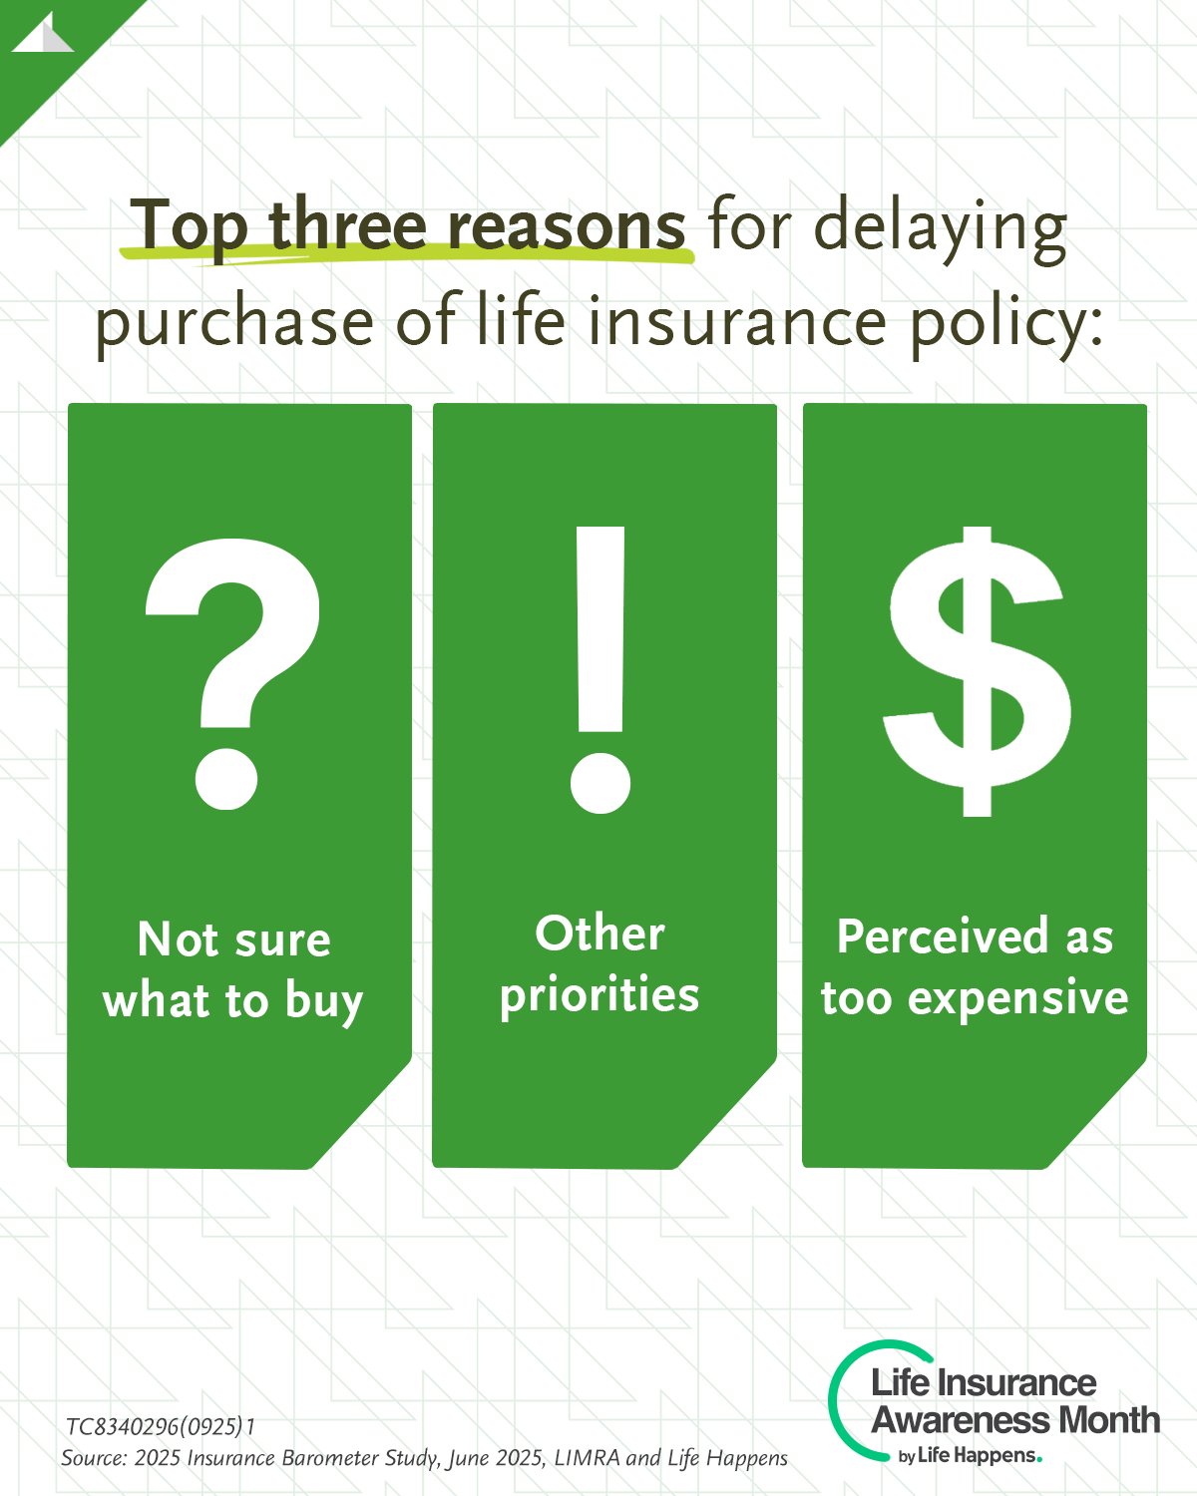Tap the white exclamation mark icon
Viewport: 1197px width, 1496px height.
600,669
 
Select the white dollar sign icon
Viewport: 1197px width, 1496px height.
977,671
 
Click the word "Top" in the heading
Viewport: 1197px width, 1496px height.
189,226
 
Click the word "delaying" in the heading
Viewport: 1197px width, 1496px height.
940,228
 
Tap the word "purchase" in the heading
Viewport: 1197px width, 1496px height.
234,322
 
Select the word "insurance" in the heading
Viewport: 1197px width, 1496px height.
737,320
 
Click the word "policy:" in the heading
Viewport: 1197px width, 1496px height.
1006,324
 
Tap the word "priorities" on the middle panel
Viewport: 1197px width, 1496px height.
598,995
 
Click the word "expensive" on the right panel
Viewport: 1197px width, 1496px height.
1018,999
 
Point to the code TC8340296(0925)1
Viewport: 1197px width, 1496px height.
161,1426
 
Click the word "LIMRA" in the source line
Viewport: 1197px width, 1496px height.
587,1457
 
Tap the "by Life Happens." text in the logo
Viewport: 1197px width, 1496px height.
971,1455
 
